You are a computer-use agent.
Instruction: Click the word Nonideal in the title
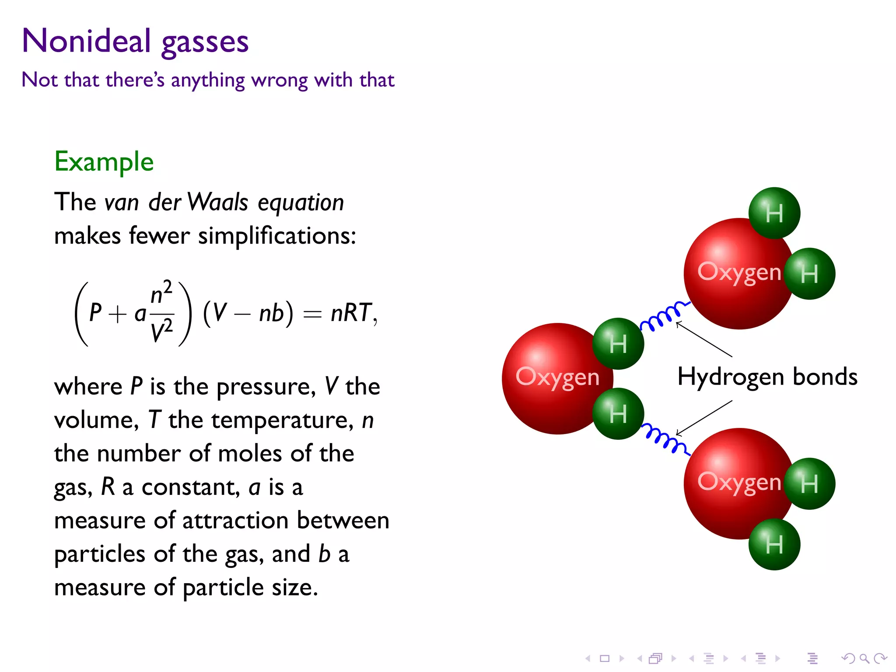pyautogui.click(x=86, y=41)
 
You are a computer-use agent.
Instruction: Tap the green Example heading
pyautogui.click(x=104, y=161)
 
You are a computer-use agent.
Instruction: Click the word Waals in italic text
pyautogui.click(x=218, y=202)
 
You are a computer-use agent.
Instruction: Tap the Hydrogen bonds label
pyautogui.click(x=767, y=377)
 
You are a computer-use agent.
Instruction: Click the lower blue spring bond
pyautogui.click(x=665, y=439)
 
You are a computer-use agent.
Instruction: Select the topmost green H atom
pyautogui.click(x=774, y=213)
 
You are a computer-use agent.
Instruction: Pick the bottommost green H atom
pyautogui.click(x=774, y=544)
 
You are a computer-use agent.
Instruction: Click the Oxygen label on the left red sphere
pyautogui.click(x=557, y=377)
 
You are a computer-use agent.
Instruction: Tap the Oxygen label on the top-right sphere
pyautogui.click(x=739, y=272)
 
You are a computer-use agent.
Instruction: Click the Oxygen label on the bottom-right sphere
pyautogui.click(x=739, y=482)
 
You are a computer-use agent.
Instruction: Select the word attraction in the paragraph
pyautogui.click(x=235, y=521)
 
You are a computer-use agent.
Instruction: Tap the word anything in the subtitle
pyautogui.click(x=208, y=80)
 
